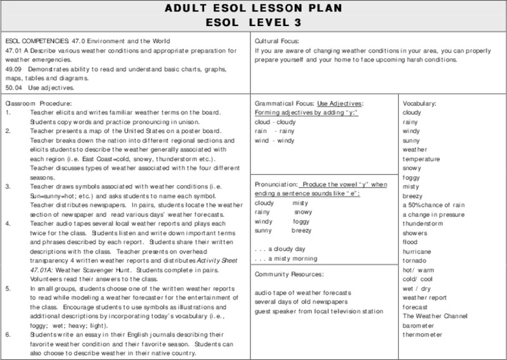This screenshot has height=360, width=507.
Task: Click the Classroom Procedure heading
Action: [x=38, y=103]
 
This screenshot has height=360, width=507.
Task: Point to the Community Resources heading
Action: [x=288, y=274]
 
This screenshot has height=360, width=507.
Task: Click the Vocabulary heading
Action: [x=419, y=103]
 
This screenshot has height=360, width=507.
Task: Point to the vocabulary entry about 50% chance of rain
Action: [x=433, y=205]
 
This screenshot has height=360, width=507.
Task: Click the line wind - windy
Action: [x=274, y=139]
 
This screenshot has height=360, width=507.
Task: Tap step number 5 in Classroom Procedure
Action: [x=7, y=287]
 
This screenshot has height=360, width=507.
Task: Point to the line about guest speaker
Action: [x=319, y=311]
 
